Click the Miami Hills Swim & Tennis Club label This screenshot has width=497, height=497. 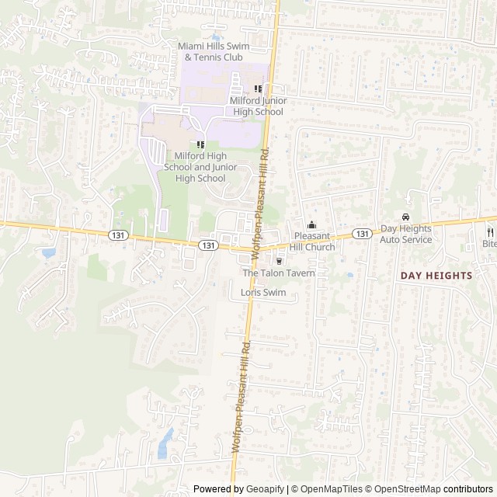pos(214,52)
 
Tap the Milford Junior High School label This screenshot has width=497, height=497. pos(256,106)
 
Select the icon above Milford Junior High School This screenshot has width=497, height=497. pos(258,89)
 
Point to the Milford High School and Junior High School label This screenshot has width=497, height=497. pos(200,167)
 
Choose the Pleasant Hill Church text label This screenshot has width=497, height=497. pos(314,242)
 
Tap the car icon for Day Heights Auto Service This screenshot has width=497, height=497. pos(405,217)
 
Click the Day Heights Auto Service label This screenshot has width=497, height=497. pos(405,235)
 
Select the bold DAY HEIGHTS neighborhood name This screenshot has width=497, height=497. pos(436,276)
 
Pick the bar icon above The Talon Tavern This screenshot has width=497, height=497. pos(279,262)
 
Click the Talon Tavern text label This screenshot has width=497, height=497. pos(279,273)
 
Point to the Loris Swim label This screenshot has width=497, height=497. pos(263,293)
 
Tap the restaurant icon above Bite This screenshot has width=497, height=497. pos(490,231)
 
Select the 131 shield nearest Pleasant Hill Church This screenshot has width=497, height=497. pos(362,234)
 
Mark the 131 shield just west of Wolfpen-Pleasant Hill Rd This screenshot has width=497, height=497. pos(207,245)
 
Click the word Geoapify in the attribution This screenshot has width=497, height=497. pos(264,489)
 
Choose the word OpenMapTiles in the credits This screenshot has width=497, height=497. pos(331,489)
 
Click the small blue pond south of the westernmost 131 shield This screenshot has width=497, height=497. pos(48,252)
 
